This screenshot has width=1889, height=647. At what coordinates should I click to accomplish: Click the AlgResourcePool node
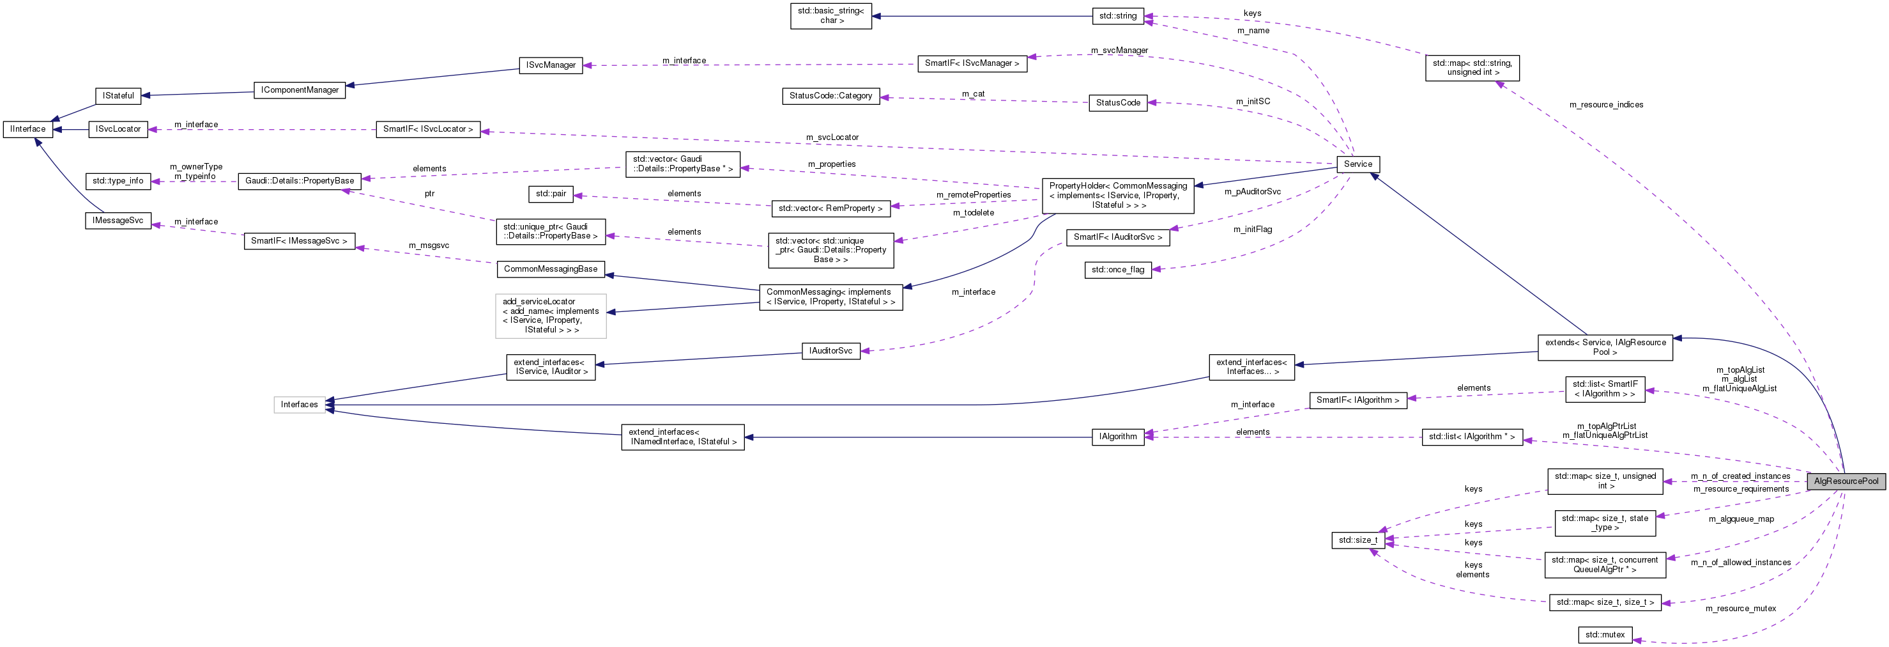click(1846, 481)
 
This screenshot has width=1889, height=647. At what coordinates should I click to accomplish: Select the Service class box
click(1357, 164)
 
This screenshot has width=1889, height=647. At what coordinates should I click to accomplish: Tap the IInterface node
click(28, 129)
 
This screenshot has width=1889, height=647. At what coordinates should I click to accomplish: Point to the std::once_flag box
click(1117, 270)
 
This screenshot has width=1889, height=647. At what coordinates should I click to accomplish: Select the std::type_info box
click(118, 181)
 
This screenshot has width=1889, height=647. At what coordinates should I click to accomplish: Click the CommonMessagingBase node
click(550, 269)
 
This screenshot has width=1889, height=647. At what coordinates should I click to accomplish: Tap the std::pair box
click(550, 194)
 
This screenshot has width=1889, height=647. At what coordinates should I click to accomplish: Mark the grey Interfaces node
click(299, 404)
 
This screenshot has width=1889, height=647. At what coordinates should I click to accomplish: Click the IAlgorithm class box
click(1117, 437)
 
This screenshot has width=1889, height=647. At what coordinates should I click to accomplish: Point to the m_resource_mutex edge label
click(1740, 608)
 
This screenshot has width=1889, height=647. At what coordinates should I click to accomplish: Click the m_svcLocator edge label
click(832, 137)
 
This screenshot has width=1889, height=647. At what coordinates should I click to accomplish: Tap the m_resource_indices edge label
click(1605, 105)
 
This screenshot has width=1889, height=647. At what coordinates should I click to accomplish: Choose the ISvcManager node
click(550, 65)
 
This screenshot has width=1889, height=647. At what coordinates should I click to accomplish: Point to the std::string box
click(1117, 16)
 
